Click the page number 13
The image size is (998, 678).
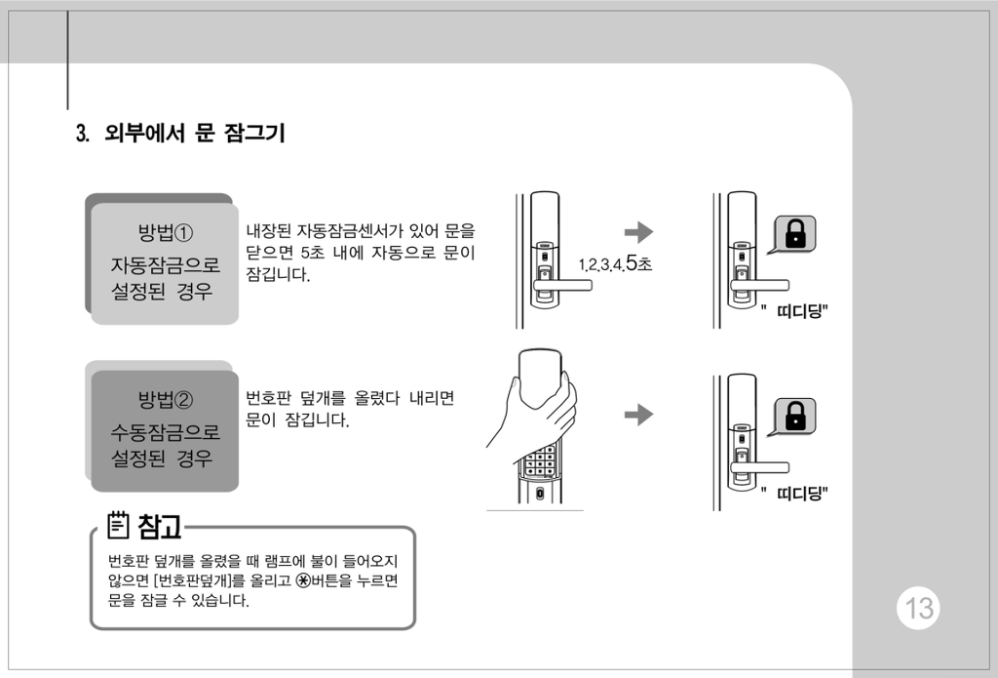[918, 608]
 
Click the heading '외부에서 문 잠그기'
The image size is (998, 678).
[195, 134]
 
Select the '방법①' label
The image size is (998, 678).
[166, 232]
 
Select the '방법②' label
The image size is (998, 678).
[166, 400]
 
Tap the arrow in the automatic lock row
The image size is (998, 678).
[638, 232]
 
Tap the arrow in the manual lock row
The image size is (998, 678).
[638, 415]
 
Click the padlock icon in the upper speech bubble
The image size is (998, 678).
[795, 233]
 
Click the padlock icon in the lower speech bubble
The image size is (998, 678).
[795, 417]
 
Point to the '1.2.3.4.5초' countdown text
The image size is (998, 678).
[616, 262]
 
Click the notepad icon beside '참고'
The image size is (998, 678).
[118, 525]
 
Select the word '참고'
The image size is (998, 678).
[160, 526]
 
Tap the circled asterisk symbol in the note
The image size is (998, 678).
[304, 580]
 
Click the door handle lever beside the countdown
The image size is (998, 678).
[562, 285]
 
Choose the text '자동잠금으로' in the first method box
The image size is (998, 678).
[166, 264]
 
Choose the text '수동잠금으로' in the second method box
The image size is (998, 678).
[166, 432]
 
